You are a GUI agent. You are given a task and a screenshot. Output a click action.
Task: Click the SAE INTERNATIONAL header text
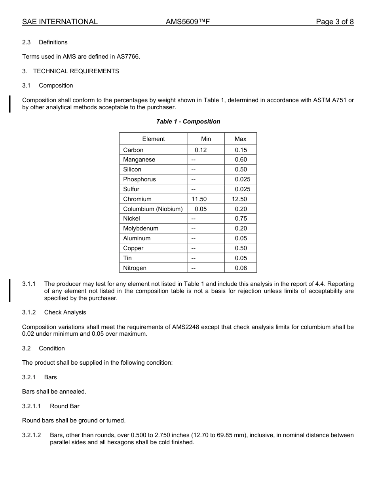pos(60,22)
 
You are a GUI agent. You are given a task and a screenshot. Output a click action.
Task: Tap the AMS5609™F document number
pos(188,22)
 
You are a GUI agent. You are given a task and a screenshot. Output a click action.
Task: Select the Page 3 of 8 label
pos(334,22)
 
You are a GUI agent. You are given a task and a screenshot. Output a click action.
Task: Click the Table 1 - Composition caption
pos(188,122)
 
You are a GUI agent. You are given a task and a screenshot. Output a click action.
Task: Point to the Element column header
pos(154,139)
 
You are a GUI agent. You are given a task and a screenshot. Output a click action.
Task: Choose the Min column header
pos(206,139)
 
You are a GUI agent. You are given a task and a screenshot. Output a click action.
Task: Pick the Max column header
pos(240,139)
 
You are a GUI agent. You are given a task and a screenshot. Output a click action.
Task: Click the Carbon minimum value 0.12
pos(201,150)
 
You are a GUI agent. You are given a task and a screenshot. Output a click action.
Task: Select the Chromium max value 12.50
pos(239,199)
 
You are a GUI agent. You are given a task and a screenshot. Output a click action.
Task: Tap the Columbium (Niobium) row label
pos(153,209)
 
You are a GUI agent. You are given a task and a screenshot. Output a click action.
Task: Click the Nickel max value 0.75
pos(241,219)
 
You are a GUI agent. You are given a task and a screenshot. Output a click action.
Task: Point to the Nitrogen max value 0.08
pos(241,268)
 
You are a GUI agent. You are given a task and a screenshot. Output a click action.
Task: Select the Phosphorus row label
pos(139,179)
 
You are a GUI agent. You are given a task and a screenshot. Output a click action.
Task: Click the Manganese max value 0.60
pos(241,160)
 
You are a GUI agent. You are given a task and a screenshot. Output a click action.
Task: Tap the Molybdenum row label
pos(141,228)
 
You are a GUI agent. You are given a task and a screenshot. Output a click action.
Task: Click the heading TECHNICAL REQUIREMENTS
pos(76,71)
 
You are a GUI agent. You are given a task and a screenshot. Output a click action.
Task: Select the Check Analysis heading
pos(65,312)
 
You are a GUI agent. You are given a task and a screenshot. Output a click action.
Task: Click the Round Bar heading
pos(65,406)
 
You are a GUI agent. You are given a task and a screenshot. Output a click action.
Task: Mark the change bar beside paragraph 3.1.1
pos(10,291)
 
